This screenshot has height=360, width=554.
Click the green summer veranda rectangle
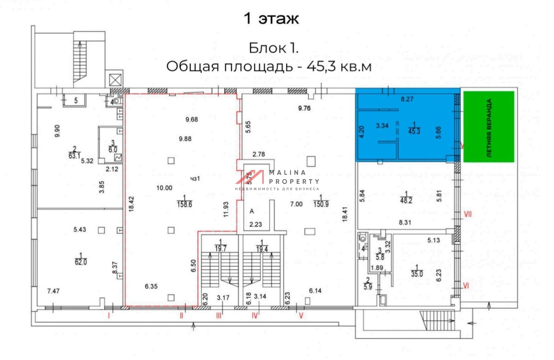click(x=489, y=126)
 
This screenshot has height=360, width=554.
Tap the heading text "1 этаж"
click(x=272, y=19)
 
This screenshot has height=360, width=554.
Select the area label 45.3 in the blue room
click(x=413, y=131)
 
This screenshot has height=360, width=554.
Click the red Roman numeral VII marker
click(x=468, y=214)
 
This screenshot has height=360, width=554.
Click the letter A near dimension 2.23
click(x=252, y=211)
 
